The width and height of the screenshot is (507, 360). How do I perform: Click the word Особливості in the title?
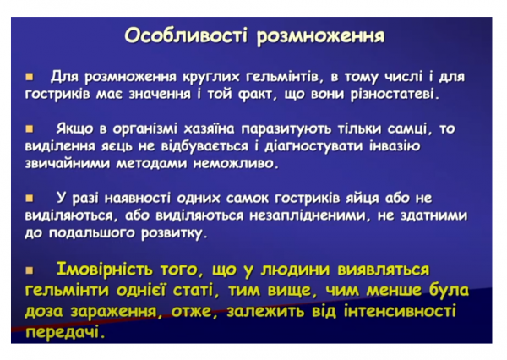(x=176, y=36)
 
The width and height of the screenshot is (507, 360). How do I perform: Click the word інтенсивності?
(x=391, y=312)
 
